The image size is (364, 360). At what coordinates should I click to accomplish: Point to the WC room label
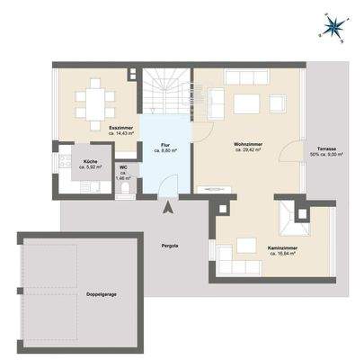pos(123,167)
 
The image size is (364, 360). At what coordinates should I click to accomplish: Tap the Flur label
pos(165,147)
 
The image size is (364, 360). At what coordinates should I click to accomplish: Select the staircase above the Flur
pos(166,94)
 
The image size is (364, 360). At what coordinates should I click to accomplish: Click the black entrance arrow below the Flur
pos(167,210)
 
